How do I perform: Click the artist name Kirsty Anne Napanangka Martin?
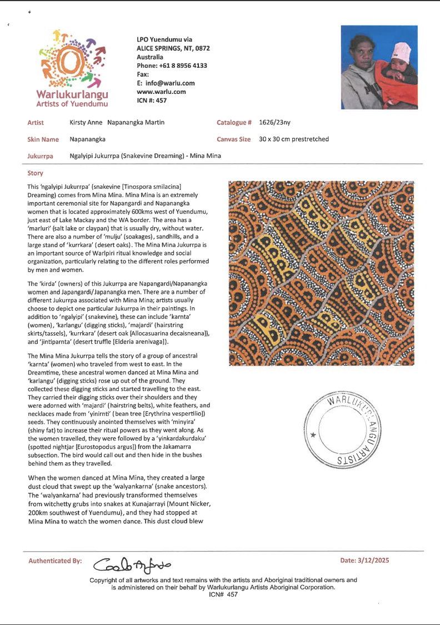pos(117,122)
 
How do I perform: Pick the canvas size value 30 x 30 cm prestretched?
pos(293,139)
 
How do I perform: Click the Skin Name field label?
pos(43,139)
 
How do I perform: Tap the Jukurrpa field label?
pos(41,156)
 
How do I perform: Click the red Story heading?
pos(35,173)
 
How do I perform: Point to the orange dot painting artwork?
pos(321,272)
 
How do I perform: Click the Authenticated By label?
pos(55,561)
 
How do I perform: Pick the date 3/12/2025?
pos(366,560)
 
